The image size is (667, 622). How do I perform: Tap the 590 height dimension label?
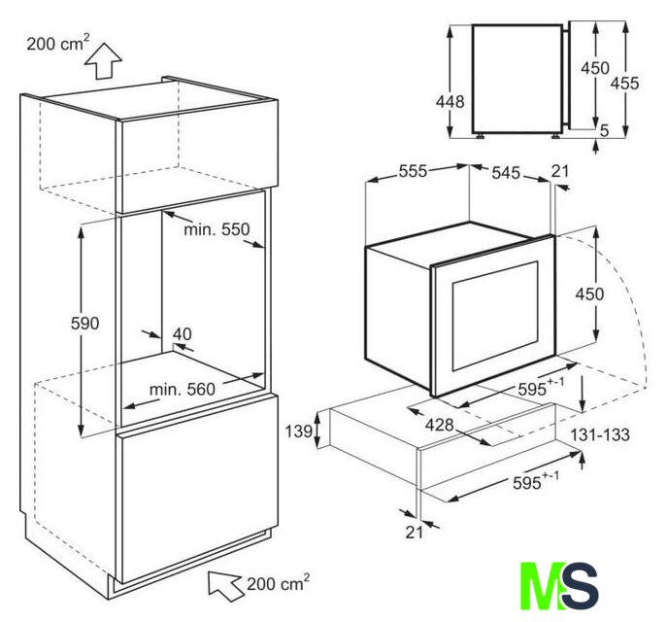pyautogui.click(x=84, y=324)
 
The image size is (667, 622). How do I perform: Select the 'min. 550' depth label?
pyautogui.click(x=217, y=230)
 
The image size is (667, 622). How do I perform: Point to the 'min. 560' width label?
pyautogui.click(x=183, y=389)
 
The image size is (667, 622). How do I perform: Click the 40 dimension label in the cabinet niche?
pyautogui.click(x=183, y=334)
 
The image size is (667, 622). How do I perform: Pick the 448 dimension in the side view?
pyautogui.click(x=450, y=102)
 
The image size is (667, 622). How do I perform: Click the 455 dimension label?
pyautogui.click(x=625, y=83)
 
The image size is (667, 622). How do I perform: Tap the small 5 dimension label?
pyautogui.click(x=605, y=130)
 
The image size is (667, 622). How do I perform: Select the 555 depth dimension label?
pyautogui.click(x=413, y=171)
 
